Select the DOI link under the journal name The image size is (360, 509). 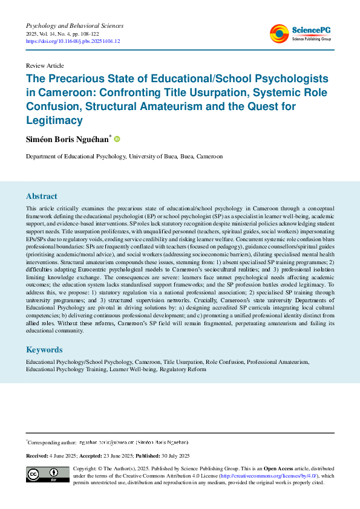(x=73, y=42)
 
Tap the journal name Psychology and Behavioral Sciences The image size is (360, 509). (x=74, y=26)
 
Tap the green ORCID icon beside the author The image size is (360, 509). (x=117, y=139)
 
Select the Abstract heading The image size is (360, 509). (x=42, y=196)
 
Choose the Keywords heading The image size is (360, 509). (x=44, y=349)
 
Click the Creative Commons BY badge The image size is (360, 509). (x=46, y=475)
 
